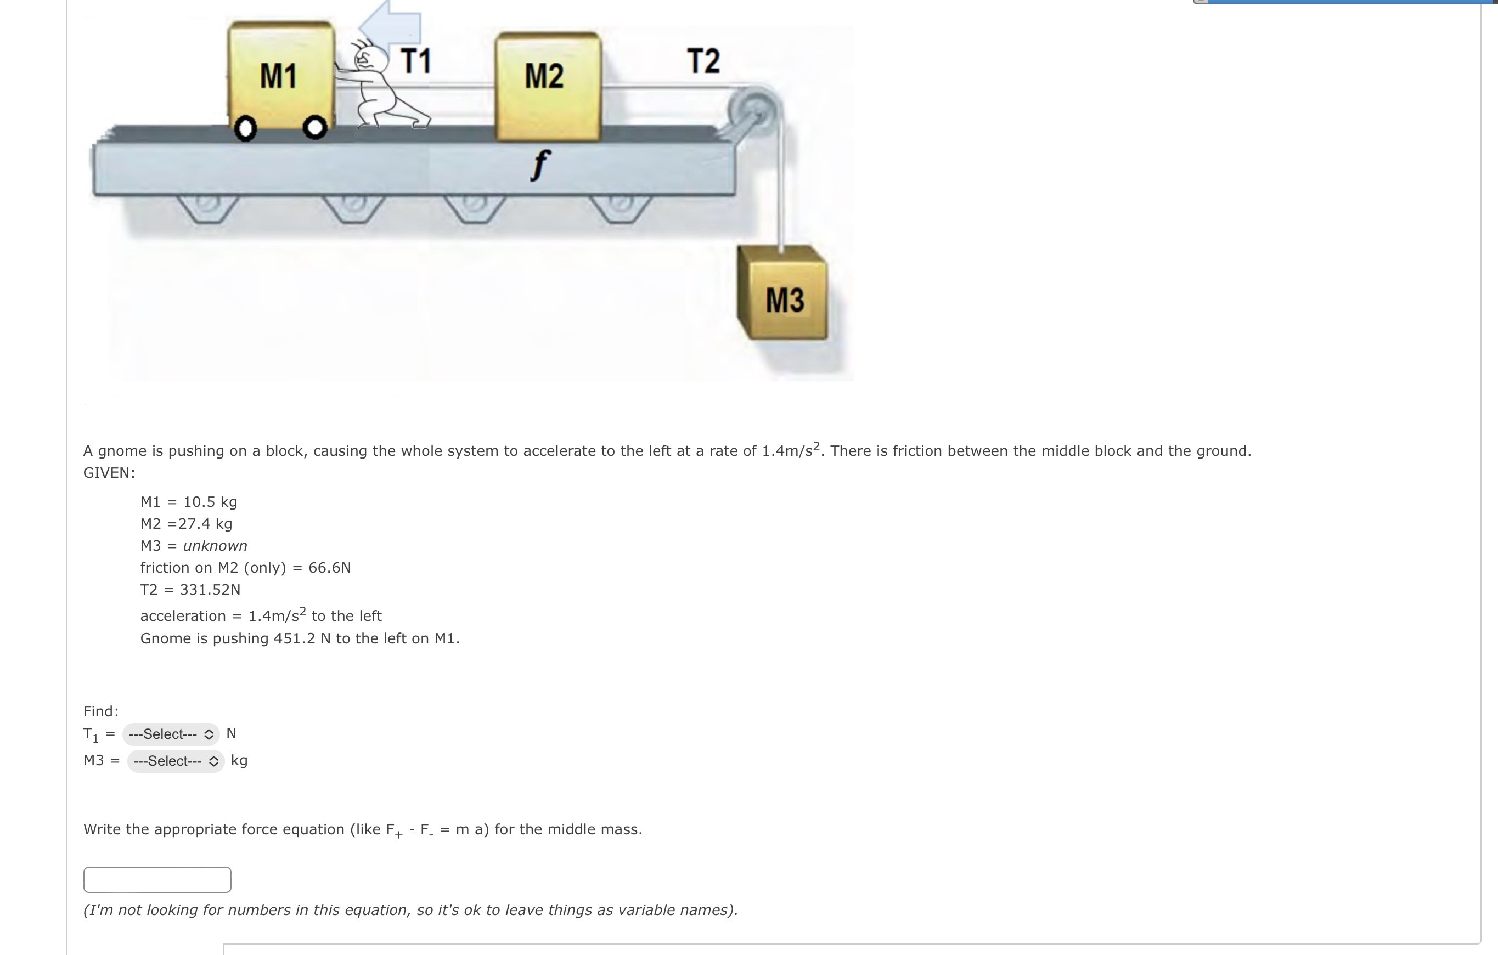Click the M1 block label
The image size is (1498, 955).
(x=278, y=76)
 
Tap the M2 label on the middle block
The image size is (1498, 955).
(x=544, y=76)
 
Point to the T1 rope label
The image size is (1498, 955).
(x=415, y=61)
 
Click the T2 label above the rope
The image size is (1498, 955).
(x=703, y=61)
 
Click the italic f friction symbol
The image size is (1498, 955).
(x=540, y=165)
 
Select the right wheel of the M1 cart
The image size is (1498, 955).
(x=315, y=128)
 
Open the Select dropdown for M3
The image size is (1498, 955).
(x=176, y=761)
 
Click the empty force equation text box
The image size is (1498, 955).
(x=157, y=879)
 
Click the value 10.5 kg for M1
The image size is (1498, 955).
(x=210, y=502)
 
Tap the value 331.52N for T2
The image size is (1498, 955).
(x=210, y=590)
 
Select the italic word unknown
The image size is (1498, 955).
(x=215, y=546)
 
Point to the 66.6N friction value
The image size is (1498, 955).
(x=329, y=568)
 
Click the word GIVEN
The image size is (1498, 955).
(x=108, y=472)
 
